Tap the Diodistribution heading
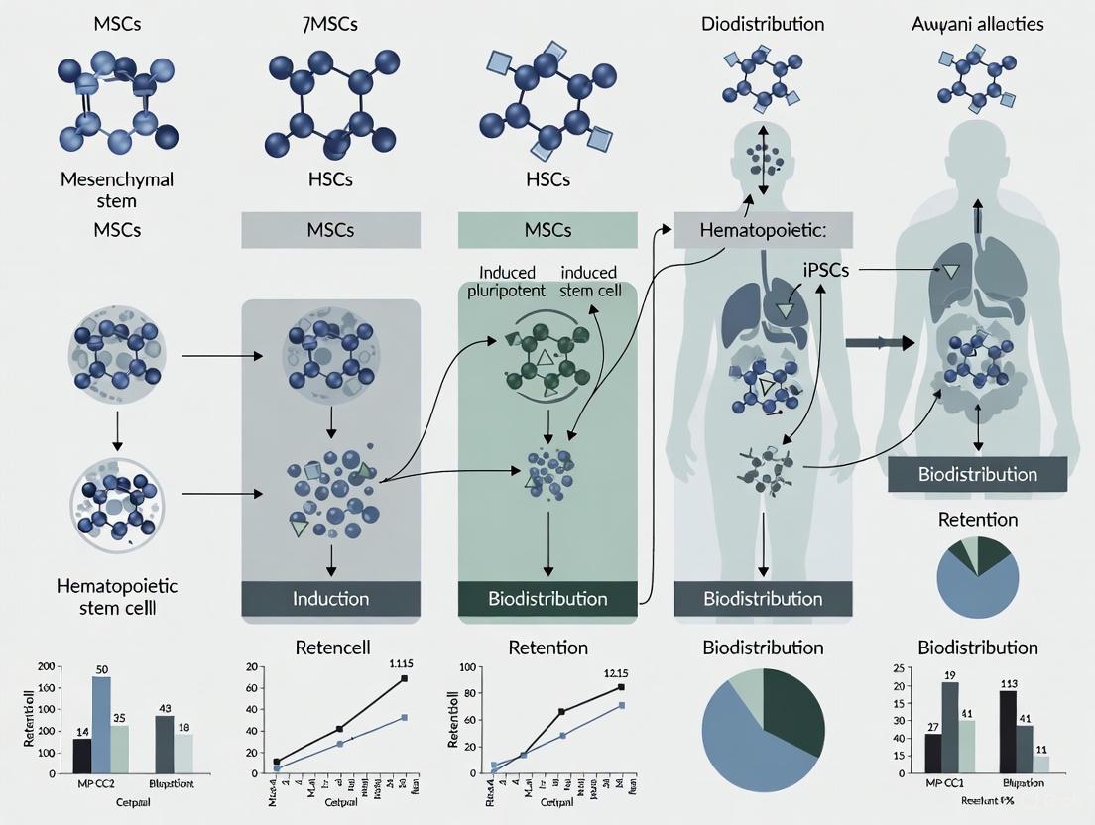click(x=763, y=23)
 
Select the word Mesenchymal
click(x=117, y=179)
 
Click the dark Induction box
click(x=330, y=598)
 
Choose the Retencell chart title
click(x=333, y=648)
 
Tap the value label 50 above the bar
click(x=101, y=668)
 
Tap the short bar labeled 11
click(x=1041, y=765)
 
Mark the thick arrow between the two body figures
click(x=878, y=342)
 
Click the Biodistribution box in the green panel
click(x=547, y=598)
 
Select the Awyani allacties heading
click(x=977, y=23)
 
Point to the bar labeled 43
click(x=165, y=744)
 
